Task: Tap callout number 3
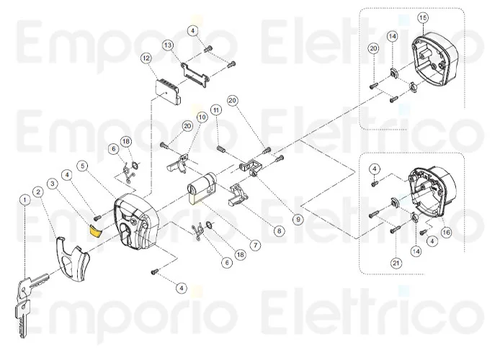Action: pos(52,184)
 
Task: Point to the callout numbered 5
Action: pos(84,166)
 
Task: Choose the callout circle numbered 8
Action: pos(279,231)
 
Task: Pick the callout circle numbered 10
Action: pos(202,117)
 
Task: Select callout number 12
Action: pos(146,57)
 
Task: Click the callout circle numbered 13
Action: pos(167,45)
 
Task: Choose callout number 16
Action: pos(446,232)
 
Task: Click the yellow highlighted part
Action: pos(94,230)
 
